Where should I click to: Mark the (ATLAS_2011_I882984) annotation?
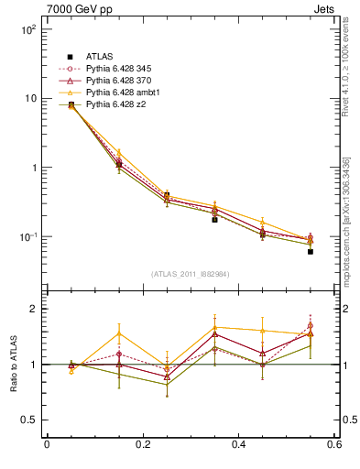(191, 274)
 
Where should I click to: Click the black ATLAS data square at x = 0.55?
(311, 251)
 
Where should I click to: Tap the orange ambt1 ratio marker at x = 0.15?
(119, 333)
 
